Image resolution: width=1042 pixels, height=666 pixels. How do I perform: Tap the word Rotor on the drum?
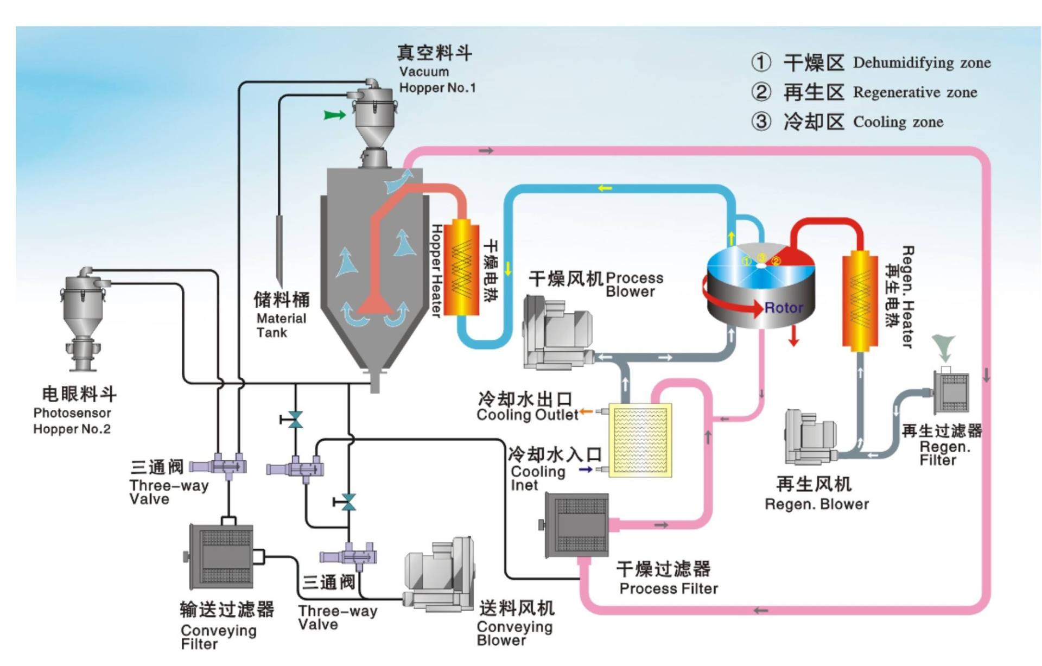click(783, 308)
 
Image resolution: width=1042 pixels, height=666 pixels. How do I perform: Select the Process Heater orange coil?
click(461, 268)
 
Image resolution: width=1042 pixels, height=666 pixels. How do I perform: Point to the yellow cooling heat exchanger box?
click(640, 440)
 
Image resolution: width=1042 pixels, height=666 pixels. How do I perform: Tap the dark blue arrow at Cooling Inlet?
click(586, 470)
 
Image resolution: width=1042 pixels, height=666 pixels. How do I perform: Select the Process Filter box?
click(577, 525)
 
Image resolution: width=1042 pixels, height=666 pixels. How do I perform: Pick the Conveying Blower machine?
click(440, 575)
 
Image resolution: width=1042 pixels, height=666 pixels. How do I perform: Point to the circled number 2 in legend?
click(761, 92)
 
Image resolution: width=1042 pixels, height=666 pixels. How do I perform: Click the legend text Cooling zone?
click(898, 122)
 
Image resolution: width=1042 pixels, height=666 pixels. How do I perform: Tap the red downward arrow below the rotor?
click(793, 336)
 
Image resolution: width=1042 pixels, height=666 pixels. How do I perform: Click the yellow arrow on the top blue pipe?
click(605, 188)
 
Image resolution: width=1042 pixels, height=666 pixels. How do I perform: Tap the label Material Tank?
click(281, 325)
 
